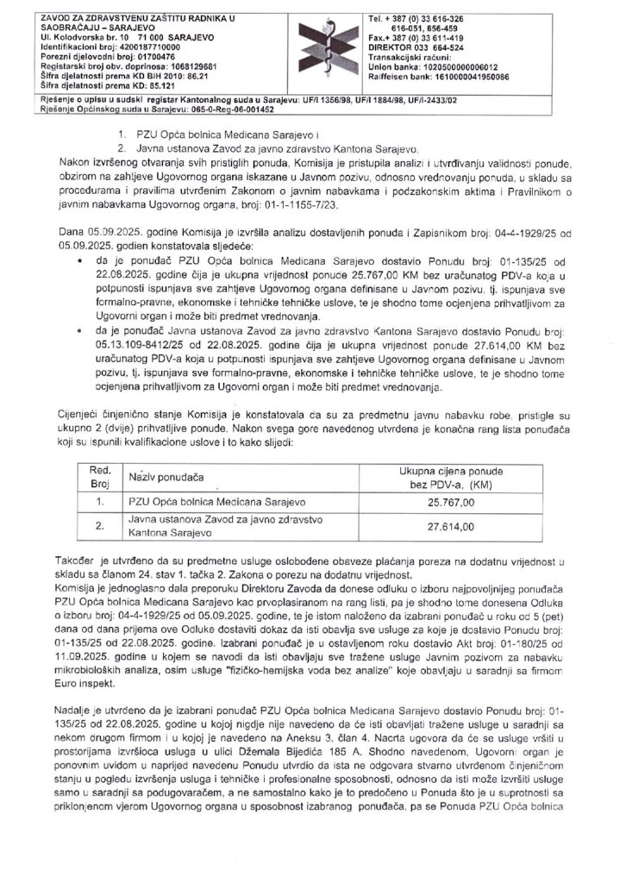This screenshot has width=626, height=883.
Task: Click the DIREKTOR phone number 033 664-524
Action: pyautogui.click(x=454, y=49)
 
